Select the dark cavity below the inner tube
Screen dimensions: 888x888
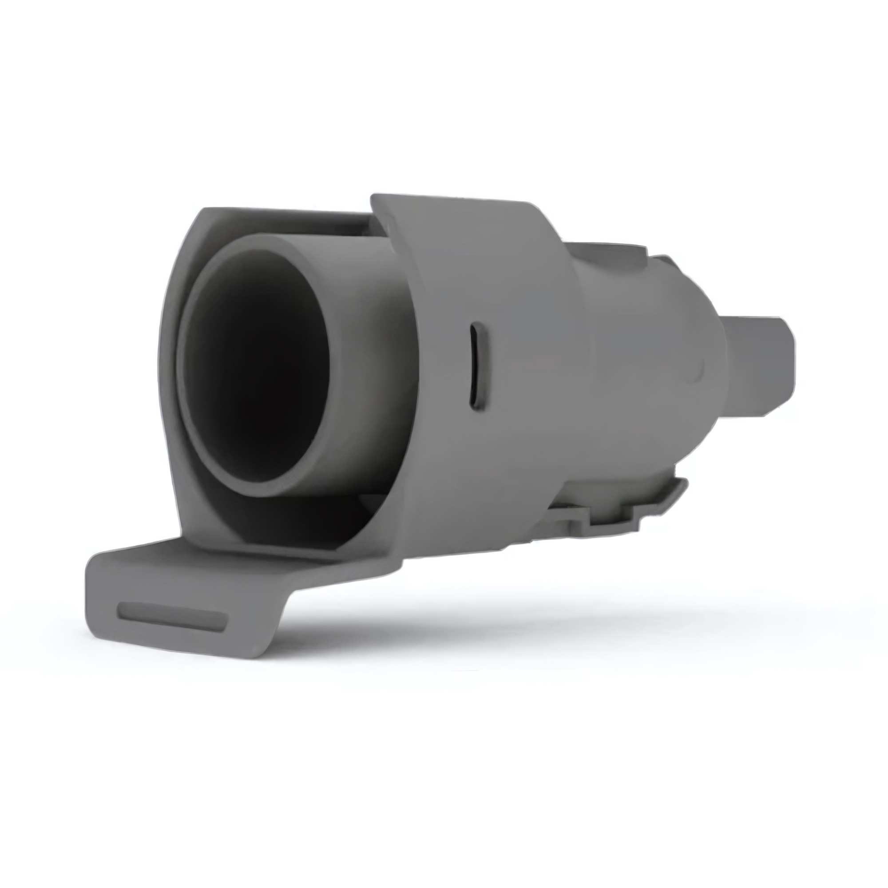[x=294, y=519]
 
